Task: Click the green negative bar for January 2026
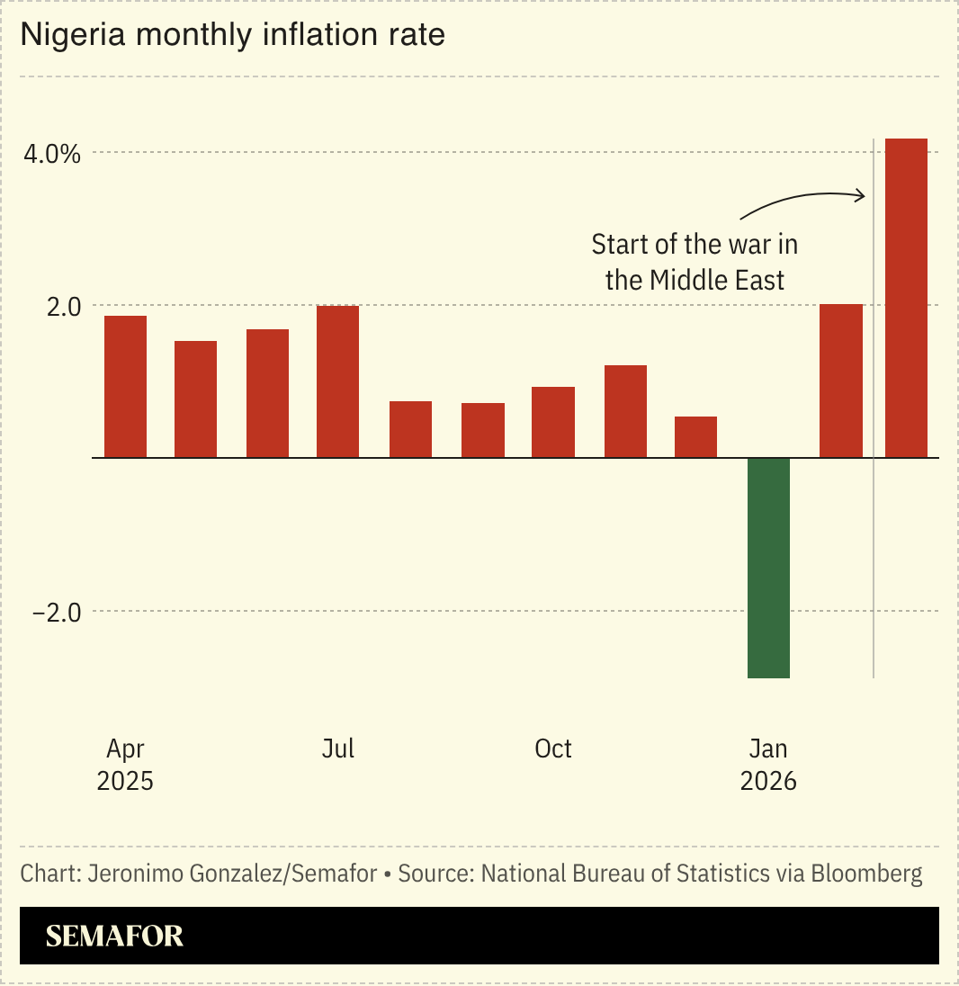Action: tap(768, 567)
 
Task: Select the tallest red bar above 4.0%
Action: tap(906, 297)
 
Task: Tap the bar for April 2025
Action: tap(125, 387)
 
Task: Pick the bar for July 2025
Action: tap(337, 381)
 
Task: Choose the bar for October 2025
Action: tap(552, 422)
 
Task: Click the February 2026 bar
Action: tap(841, 381)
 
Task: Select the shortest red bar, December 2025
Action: tap(695, 437)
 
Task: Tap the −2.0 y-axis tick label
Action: tap(56, 613)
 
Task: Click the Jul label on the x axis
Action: tap(337, 748)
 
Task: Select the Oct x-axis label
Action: tap(552, 748)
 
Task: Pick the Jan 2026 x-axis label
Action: tap(768, 765)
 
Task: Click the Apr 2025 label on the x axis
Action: tap(125, 765)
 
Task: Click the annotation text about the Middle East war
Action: tap(695, 262)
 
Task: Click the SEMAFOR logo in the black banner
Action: tap(114, 936)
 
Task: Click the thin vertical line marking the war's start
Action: tap(874, 540)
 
